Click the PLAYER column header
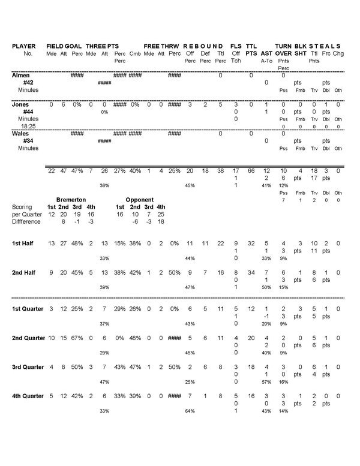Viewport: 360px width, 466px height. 25,46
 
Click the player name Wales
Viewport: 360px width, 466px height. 22,134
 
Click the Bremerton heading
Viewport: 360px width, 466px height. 71,199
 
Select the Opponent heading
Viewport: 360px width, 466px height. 139,199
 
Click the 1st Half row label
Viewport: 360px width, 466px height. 24,243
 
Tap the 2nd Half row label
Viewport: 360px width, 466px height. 25,273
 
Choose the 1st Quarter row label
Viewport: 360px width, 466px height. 28,309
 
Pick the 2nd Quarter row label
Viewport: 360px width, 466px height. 28,339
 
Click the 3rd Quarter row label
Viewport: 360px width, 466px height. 28,367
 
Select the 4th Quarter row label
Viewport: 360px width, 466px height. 28,396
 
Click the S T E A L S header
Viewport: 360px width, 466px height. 326,46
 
